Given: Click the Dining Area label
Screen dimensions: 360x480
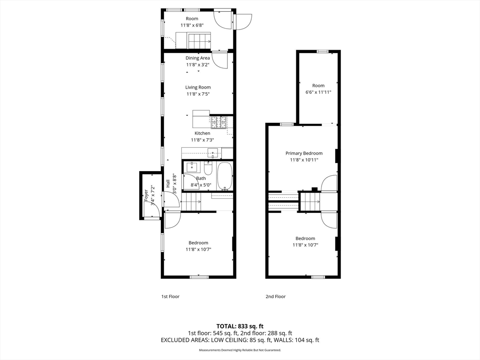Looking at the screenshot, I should pyautogui.click(x=197, y=58).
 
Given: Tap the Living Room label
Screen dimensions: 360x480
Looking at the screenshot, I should pyautogui.click(x=198, y=87).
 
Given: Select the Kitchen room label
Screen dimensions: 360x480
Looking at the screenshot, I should pyautogui.click(x=202, y=134).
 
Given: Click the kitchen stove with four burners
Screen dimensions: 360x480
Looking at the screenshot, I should pyautogui.click(x=218, y=122).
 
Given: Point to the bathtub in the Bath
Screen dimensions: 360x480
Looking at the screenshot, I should pyautogui.click(x=225, y=176).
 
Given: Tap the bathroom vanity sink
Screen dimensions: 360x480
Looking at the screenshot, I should pyautogui.click(x=192, y=166).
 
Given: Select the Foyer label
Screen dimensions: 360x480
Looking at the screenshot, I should pyautogui.click(x=146, y=195).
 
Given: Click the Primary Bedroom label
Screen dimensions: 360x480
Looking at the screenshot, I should pyautogui.click(x=304, y=153).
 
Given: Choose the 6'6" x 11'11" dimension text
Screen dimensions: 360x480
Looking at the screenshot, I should pyautogui.click(x=318, y=92).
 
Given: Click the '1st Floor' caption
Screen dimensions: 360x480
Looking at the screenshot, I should pyautogui.click(x=170, y=296).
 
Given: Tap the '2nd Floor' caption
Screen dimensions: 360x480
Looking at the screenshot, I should pyautogui.click(x=276, y=296).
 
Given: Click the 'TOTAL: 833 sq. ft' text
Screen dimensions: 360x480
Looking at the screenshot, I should pyautogui.click(x=240, y=326).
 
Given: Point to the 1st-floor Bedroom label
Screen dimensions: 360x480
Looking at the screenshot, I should pyautogui.click(x=198, y=243).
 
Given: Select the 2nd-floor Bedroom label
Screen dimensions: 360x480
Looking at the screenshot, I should pyautogui.click(x=305, y=239).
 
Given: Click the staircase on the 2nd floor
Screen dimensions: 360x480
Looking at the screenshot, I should pyautogui.click(x=309, y=202).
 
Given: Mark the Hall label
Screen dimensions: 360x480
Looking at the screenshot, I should pyautogui.click(x=168, y=184).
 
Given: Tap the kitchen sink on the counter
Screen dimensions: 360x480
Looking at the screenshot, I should pyautogui.click(x=213, y=152).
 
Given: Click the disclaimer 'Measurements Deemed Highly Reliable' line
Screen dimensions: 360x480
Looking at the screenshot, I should pyautogui.click(x=240, y=350).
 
